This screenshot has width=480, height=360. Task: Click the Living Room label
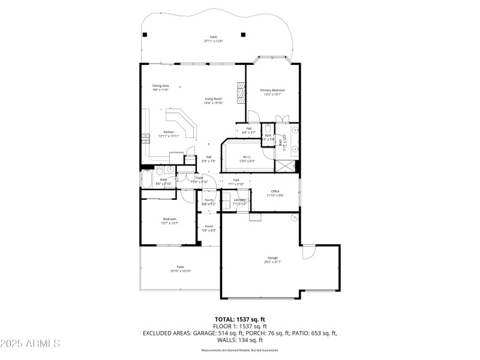(213, 98)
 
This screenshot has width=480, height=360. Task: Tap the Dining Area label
(160, 86)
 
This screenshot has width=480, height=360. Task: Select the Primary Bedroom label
(272, 90)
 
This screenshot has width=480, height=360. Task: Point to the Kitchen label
(169, 132)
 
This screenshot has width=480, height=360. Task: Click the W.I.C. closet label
(247, 158)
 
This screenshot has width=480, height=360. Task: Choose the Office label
(275, 191)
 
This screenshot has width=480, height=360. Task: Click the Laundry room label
(239, 200)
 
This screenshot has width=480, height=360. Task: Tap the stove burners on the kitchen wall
(145, 139)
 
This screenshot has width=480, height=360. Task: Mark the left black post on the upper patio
(145, 34)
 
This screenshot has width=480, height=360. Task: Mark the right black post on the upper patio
(243, 34)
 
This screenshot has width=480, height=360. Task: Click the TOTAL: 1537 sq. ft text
(240, 319)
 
